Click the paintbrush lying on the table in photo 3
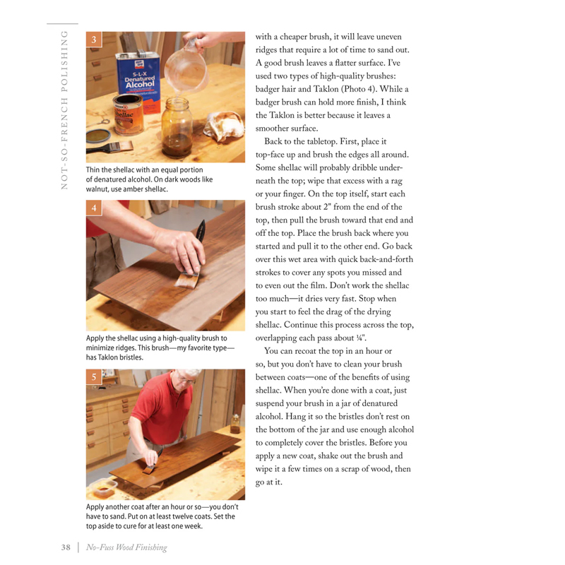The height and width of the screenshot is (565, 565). pos(114,147)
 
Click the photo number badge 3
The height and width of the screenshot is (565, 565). pos(93,40)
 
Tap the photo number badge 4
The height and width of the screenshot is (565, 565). pos(93,209)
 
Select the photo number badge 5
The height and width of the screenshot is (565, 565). pos(93,379)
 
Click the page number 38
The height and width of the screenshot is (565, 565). pos(66,547)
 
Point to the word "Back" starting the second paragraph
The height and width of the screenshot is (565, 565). pos(277,142)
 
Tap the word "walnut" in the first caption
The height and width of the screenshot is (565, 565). pos(99,190)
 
